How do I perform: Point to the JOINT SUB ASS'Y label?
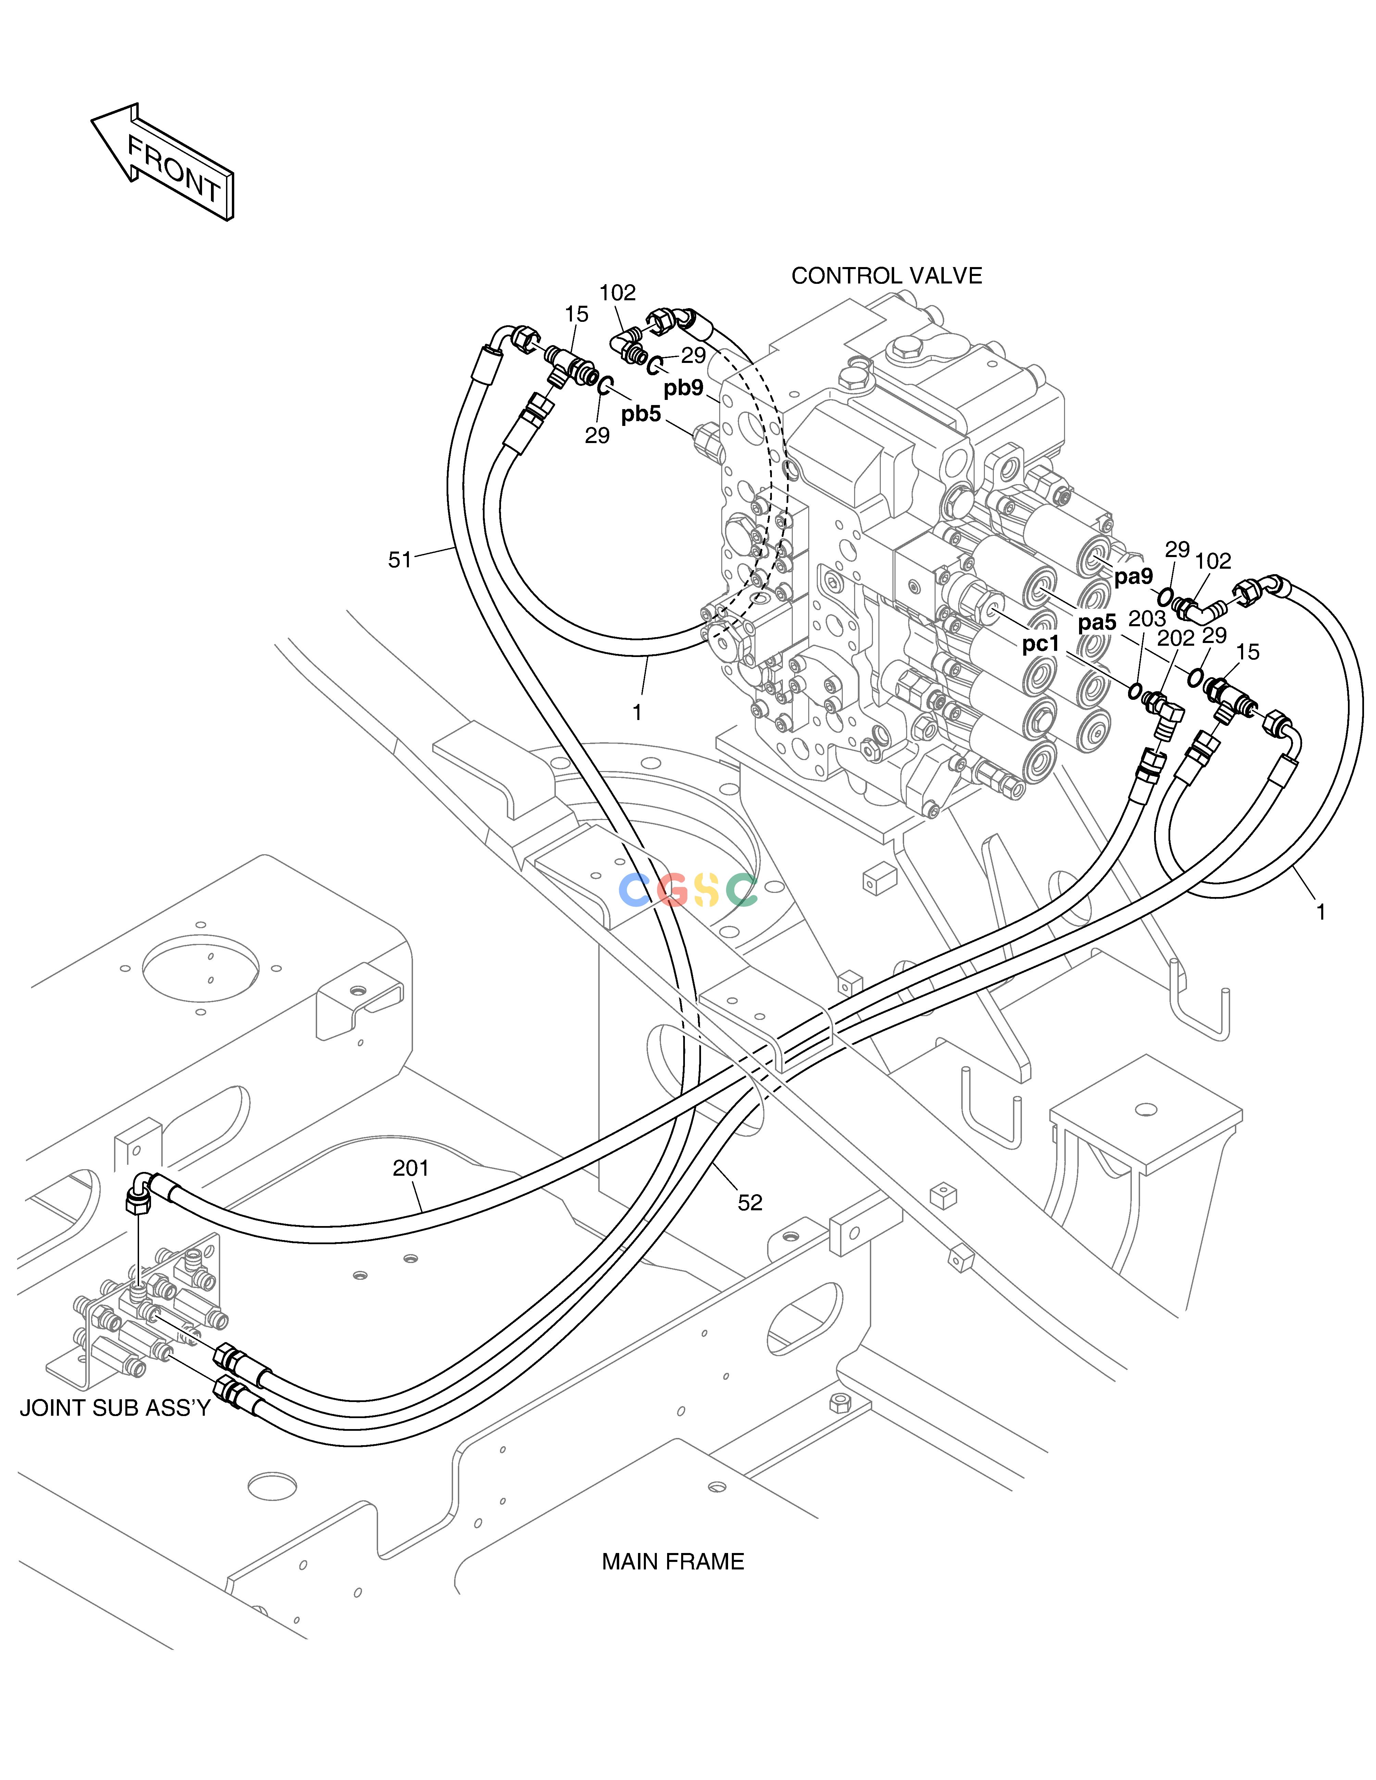point(115,1407)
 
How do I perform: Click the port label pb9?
point(683,388)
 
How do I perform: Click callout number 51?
point(399,560)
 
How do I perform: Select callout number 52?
point(750,1202)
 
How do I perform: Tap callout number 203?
point(1147,619)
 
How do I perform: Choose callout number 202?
point(1175,638)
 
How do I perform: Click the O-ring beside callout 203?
point(1134,692)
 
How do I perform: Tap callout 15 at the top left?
point(576,314)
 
